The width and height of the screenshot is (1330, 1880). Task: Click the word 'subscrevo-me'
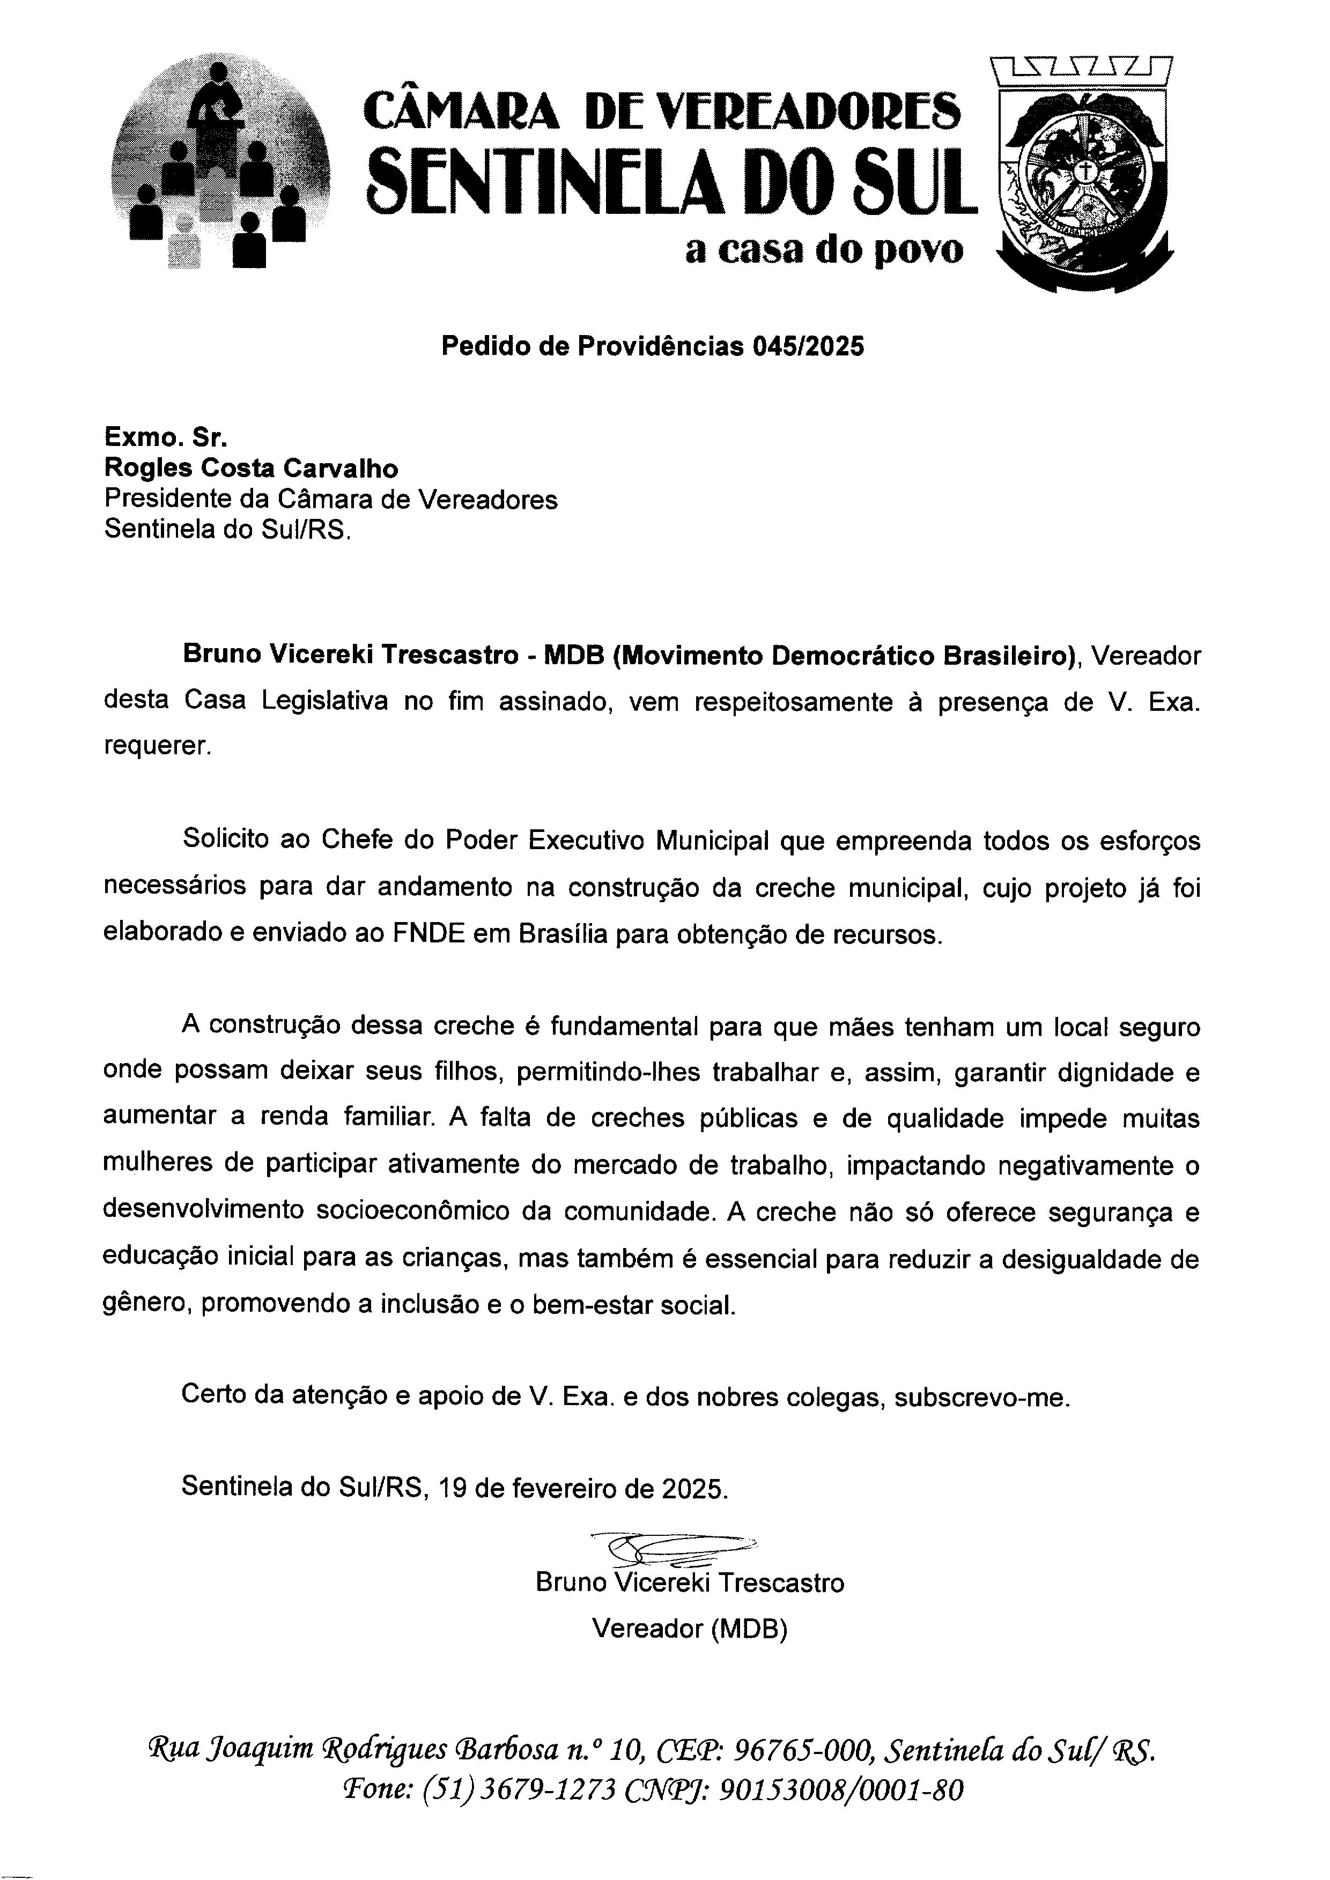click(x=981, y=1396)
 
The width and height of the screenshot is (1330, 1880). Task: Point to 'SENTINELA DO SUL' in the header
click(x=670, y=177)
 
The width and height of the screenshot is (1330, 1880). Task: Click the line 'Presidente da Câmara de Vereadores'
click(x=331, y=500)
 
